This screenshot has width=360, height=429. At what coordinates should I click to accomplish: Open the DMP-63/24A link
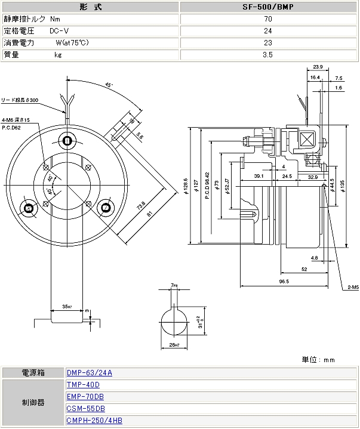coord(90,373)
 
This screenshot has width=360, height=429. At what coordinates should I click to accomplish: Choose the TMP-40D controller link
coord(83,385)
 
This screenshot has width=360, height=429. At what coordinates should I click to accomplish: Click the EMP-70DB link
coord(85,397)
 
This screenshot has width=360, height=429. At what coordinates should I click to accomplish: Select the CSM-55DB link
coord(86,409)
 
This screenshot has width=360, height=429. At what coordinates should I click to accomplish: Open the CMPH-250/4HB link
coord(94,421)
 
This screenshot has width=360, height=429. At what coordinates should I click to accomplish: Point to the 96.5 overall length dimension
coord(284,281)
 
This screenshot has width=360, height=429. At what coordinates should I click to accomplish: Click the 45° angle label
coord(109,85)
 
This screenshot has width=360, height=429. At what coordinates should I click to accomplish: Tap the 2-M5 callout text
coord(351,287)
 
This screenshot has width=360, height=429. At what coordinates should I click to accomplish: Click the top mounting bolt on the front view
coord(67,141)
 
